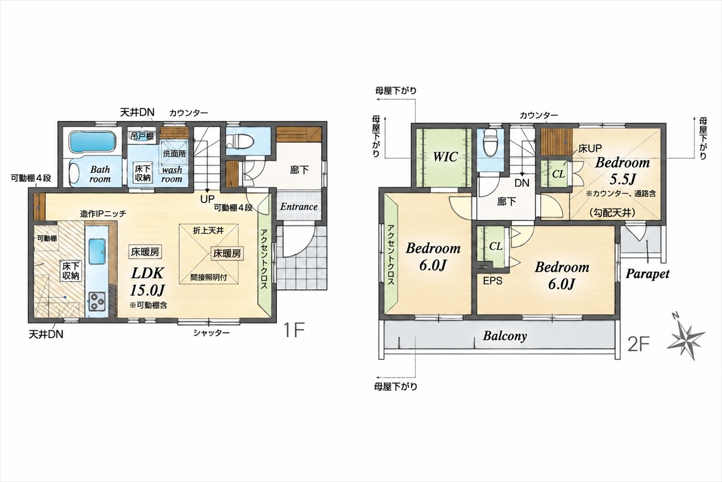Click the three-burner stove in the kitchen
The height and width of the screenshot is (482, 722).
point(97,302)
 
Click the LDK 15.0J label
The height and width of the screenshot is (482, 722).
point(147,281)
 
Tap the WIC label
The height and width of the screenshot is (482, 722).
point(445,157)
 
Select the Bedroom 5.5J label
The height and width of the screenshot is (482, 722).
point(622,171)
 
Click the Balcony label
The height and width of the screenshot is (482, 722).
point(505,336)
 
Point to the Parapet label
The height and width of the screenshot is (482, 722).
point(647,274)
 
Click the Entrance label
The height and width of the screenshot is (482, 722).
point(299,207)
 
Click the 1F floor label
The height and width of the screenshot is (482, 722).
point(294,330)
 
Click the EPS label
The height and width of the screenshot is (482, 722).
point(493,281)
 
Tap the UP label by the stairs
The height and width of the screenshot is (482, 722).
point(207,199)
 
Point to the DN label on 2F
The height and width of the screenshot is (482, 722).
point(522,183)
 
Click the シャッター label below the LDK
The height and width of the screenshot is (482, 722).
point(211,333)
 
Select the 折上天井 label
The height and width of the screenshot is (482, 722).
point(209,231)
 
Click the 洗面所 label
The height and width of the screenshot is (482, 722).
point(174,154)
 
